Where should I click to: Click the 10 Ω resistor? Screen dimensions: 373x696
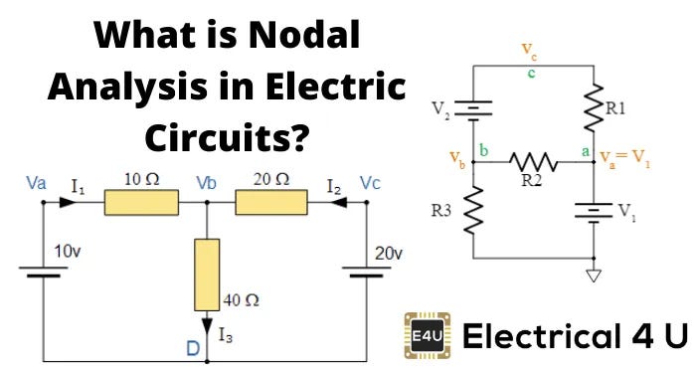(141, 203)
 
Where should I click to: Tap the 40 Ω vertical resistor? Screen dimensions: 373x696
(207, 273)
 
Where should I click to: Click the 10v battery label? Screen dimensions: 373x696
(67, 253)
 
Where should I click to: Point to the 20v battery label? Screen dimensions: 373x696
(389, 254)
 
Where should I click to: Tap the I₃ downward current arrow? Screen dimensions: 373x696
(207, 323)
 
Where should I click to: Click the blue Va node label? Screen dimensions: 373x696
(36, 183)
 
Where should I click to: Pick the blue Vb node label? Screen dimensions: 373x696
(207, 183)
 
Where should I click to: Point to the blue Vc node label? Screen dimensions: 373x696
(370, 183)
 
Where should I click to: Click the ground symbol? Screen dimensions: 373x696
(595, 275)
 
